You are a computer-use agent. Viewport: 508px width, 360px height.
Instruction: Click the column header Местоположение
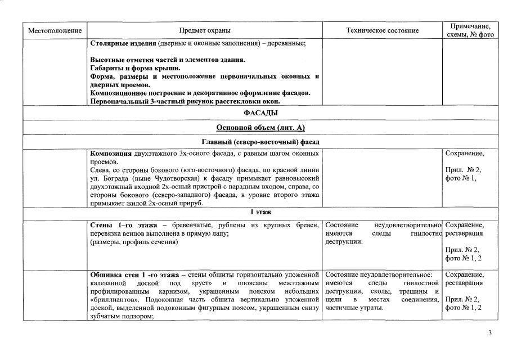(55, 30)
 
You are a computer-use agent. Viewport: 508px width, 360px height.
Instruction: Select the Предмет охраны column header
(205, 30)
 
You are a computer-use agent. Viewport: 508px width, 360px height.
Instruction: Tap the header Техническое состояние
(382, 30)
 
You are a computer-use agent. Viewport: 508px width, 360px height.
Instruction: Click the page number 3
(489, 334)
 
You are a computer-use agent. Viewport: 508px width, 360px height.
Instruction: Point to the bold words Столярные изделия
(123, 43)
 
